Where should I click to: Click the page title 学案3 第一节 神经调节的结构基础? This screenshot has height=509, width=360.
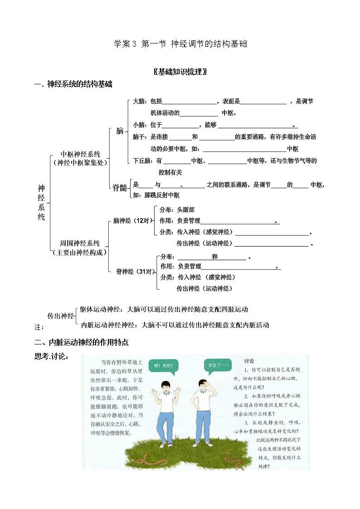click(x=180, y=44)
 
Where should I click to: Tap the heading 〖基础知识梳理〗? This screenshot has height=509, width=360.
click(x=180, y=72)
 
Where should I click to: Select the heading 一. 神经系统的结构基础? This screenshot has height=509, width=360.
click(x=73, y=84)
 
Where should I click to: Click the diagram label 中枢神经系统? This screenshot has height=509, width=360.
click(x=81, y=154)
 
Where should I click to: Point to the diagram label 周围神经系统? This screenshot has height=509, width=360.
click(x=80, y=243)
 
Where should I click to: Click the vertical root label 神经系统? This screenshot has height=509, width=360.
click(x=41, y=202)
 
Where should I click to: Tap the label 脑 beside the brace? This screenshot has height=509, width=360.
click(x=120, y=131)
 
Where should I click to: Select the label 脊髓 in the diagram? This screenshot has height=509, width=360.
click(x=120, y=188)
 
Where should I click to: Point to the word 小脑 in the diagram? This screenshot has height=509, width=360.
click(x=139, y=125)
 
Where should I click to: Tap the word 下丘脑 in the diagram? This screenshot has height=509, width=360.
click(x=141, y=160)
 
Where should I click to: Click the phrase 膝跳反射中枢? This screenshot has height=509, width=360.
click(x=162, y=195)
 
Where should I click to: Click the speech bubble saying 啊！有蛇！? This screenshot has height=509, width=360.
click(x=163, y=364)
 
